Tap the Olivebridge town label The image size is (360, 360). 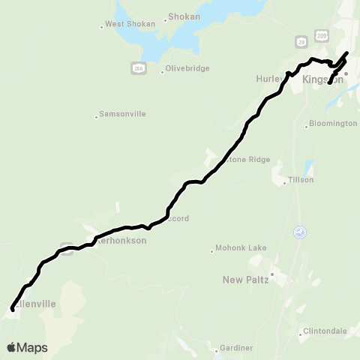tap(185, 71)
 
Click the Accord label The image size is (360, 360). tap(177, 218)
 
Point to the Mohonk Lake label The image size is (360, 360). tap(241, 247)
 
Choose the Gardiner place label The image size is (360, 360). tap(236, 348)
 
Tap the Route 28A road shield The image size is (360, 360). tap(137, 68)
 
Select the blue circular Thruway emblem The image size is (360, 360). tap(301, 232)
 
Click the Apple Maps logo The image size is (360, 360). tap(27, 347)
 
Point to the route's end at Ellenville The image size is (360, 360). tap(13, 308)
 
